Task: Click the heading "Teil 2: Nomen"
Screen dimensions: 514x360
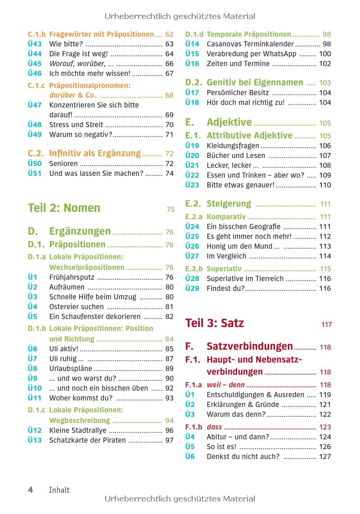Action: point(64,208)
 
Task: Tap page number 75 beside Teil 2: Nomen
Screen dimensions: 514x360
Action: point(170,209)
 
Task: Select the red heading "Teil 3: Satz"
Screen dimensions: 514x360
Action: point(215,323)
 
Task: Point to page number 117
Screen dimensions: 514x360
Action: point(326,324)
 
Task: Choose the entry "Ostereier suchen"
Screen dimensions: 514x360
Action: point(76,307)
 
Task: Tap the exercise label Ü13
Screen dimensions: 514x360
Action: point(35,440)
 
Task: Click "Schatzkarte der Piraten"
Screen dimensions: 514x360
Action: point(87,440)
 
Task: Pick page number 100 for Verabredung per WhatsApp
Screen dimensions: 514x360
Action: point(325,54)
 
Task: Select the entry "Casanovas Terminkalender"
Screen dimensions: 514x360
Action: point(250,44)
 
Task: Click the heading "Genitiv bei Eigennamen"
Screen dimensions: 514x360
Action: point(255,82)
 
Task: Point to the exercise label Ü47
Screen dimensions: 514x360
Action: point(35,105)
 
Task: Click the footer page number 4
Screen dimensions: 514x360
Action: point(31,490)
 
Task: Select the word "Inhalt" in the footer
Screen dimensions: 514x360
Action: point(59,490)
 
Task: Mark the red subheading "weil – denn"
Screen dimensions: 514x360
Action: point(225,384)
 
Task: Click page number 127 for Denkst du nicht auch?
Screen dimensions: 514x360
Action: point(325,456)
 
